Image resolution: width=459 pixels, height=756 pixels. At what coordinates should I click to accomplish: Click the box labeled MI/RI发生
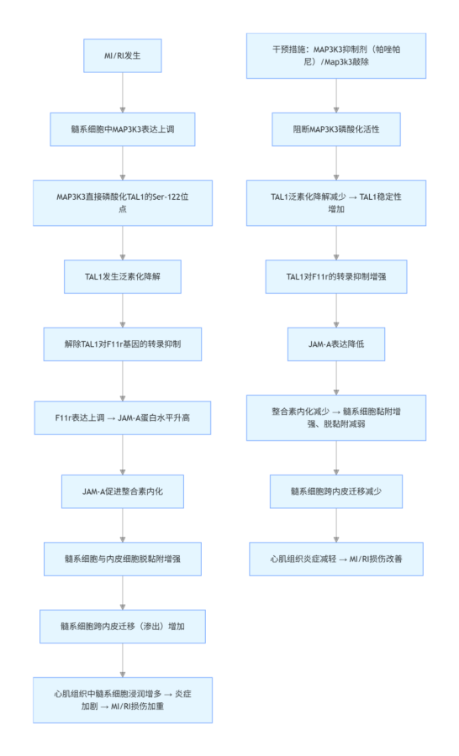(x=123, y=55)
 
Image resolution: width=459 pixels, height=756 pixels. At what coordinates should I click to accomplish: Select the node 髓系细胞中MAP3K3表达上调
(x=123, y=129)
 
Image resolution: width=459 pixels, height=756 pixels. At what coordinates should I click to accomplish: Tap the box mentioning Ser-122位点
(x=123, y=202)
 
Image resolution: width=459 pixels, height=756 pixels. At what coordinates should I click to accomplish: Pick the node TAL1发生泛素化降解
(x=123, y=276)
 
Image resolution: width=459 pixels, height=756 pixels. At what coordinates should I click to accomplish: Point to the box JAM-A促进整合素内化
(x=123, y=490)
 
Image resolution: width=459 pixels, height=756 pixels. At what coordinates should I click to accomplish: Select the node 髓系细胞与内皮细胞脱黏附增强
(x=123, y=557)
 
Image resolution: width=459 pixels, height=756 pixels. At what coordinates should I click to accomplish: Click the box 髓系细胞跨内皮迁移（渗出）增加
(x=123, y=626)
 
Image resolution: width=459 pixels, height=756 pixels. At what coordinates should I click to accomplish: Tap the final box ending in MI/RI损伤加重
(x=123, y=700)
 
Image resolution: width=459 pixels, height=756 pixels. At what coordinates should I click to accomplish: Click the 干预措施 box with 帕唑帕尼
(x=336, y=55)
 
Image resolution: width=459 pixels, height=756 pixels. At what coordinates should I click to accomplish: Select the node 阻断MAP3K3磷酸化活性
(x=336, y=129)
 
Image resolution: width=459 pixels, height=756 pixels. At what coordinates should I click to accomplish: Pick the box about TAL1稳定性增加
(x=336, y=202)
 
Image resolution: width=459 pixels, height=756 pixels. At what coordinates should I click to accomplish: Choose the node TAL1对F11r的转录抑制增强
(x=336, y=276)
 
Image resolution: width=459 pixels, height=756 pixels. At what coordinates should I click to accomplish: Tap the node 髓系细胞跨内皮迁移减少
(x=336, y=490)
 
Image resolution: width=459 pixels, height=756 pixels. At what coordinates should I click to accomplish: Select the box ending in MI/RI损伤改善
(x=336, y=557)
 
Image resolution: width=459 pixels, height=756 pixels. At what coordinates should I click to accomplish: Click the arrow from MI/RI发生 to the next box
(x=123, y=92)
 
